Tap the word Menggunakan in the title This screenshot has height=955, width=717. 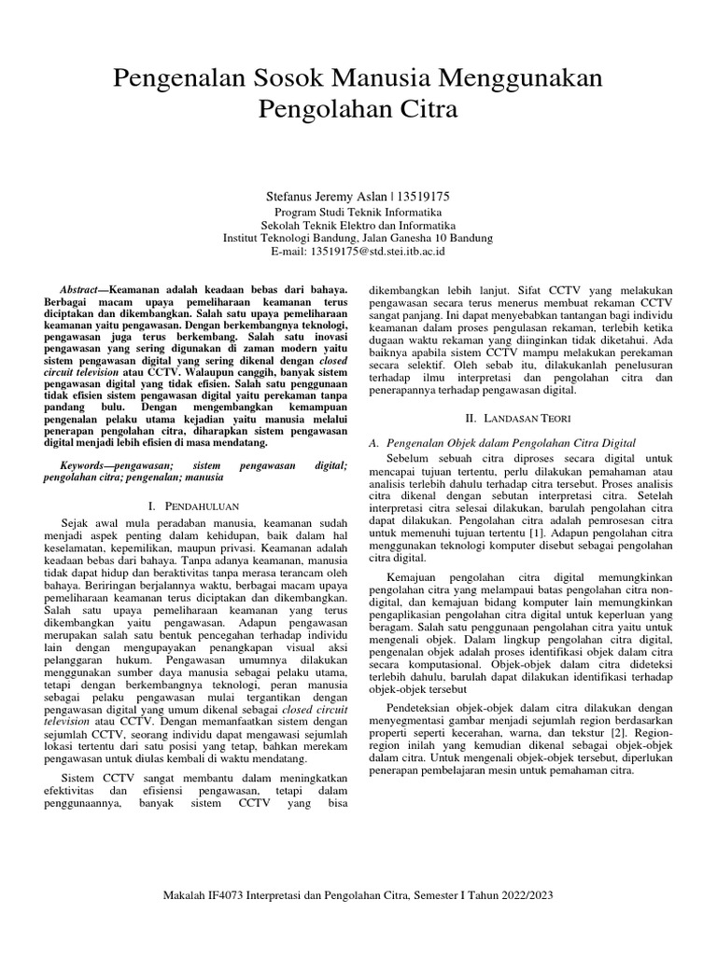(523, 77)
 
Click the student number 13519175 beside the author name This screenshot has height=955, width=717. (424, 197)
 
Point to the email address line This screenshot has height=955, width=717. (358, 251)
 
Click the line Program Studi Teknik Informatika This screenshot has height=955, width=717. (358, 212)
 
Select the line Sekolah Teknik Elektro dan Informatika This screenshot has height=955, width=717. (358, 225)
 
